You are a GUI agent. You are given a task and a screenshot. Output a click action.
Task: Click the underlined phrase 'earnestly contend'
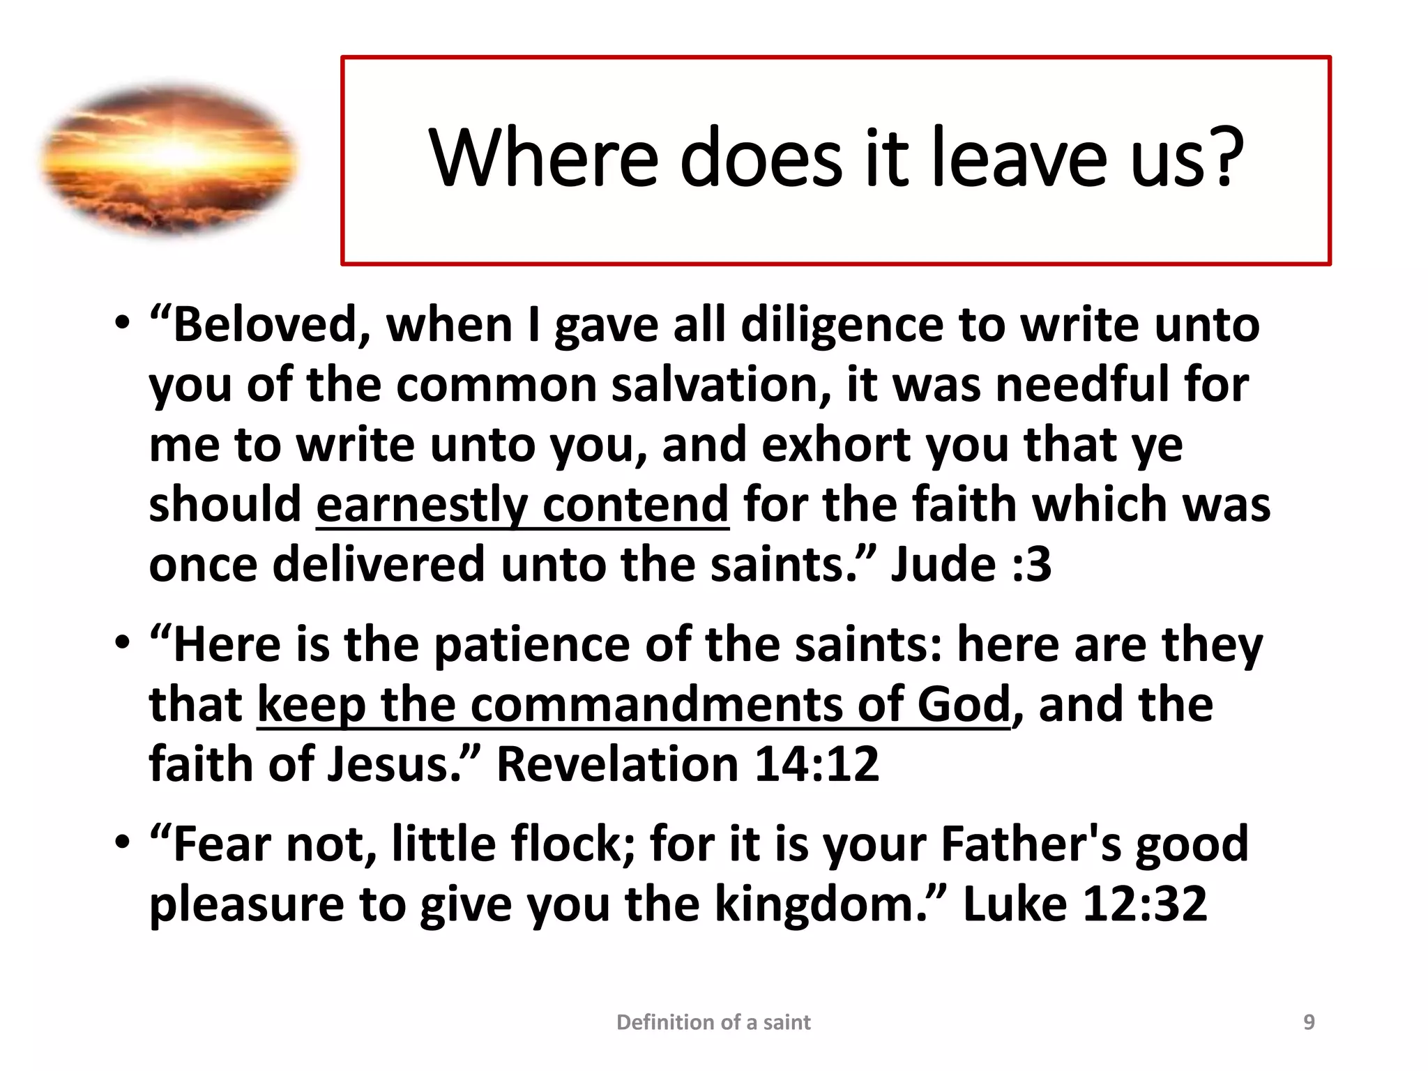[522, 504]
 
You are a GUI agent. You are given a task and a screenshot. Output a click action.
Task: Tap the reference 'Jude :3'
[971, 564]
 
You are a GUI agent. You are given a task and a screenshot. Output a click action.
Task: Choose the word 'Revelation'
[616, 764]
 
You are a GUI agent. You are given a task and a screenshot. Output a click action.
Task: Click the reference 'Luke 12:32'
[1085, 904]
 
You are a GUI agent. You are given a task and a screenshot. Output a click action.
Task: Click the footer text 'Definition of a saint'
[713, 1022]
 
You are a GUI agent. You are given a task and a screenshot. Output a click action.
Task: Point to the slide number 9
[1309, 1022]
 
